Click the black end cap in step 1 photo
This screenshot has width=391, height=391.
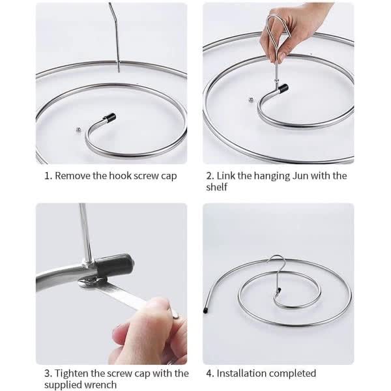pyautogui.click(x=109, y=118)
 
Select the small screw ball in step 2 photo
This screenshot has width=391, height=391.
pyautogui.click(x=252, y=100)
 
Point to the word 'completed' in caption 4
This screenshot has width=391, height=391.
pyautogui.click(x=294, y=373)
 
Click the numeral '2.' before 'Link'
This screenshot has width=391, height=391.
pyautogui.click(x=210, y=175)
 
